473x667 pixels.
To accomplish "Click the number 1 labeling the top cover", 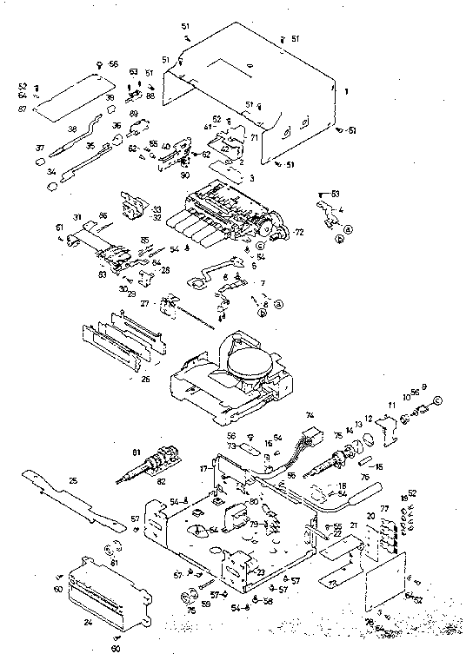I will coord(346,90).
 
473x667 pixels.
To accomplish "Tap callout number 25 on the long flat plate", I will coord(73,481).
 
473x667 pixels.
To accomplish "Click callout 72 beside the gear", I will coord(298,234).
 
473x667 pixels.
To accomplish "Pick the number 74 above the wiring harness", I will coord(309,416).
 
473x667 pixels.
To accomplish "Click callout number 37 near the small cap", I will coord(40,149).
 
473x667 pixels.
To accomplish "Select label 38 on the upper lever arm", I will coord(73,129).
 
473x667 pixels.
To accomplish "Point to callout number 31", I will coord(77,217).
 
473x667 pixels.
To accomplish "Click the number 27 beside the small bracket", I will coord(146,303).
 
